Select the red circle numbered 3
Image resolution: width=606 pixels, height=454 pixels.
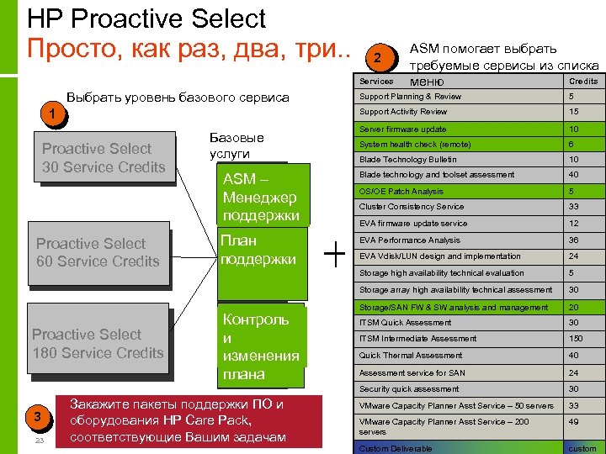click(35, 418)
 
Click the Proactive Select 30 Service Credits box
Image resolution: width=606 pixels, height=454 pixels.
click(104, 157)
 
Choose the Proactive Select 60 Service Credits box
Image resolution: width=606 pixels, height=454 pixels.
click(98, 252)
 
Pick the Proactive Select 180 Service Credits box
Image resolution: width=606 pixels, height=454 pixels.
click(98, 344)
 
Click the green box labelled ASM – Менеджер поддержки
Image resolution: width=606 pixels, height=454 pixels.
click(262, 198)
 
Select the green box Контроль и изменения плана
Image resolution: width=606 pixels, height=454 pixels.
click(262, 346)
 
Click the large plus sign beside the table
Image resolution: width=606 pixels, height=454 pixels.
click(335, 252)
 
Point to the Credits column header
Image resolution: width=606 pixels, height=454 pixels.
click(583, 82)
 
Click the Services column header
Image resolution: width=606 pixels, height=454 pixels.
click(375, 82)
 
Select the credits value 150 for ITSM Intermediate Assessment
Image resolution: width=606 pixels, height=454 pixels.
click(575, 339)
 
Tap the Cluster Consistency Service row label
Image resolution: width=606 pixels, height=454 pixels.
click(412, 207)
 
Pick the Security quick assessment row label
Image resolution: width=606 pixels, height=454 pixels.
click(409, 389)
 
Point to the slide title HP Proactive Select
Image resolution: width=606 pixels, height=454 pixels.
click(146, 18)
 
